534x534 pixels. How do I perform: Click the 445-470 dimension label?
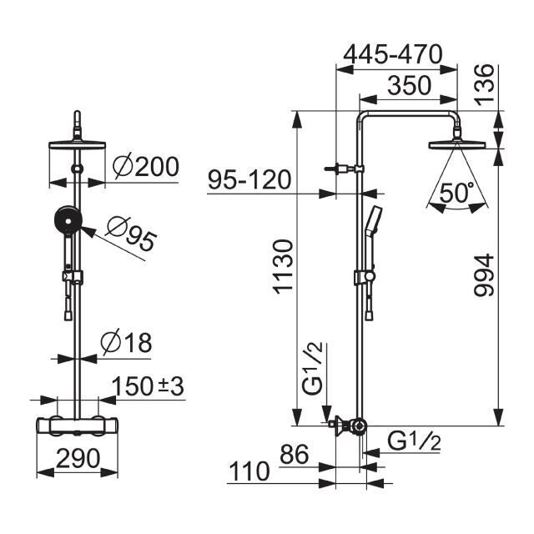(392, 54)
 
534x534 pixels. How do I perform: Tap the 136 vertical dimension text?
(484, 83)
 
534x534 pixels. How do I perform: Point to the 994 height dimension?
(484, 275)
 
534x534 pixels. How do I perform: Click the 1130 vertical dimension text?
(283, 266)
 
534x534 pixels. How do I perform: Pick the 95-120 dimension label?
(249, 179)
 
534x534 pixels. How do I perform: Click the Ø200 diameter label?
(146, 167)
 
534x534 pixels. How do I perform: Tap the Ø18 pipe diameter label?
(126, 342)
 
